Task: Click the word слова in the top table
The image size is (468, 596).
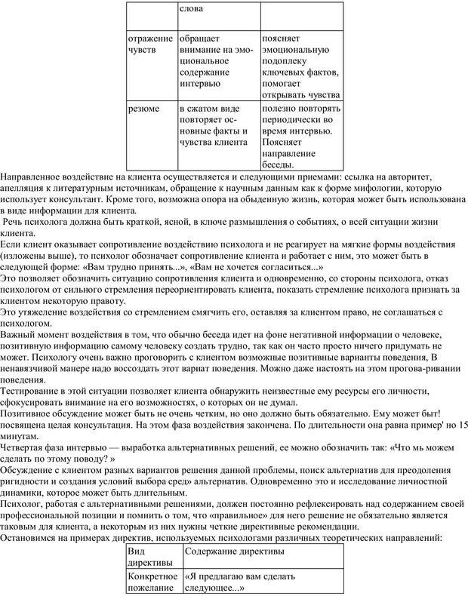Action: click(192, 10)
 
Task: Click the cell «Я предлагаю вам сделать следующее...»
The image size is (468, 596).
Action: click(239, 581)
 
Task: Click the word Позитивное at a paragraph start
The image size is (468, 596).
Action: click(29, 412)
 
